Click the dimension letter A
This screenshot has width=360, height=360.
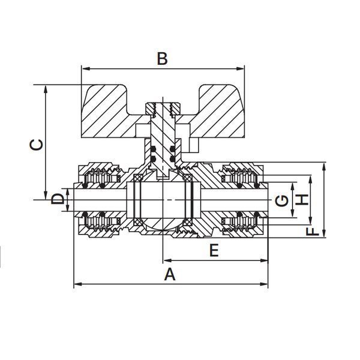click(x=170, y=274)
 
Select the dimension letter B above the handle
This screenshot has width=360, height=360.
click(x=162, y=59)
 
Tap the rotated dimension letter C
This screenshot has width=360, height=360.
click(x=37, y=145)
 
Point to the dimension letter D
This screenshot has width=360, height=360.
click(x=57, y=199)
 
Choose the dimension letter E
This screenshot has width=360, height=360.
click(x=214, y=250)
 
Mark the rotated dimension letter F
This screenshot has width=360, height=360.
click(x=313, y=232)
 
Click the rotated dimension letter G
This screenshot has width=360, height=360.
click(x=282, y=200)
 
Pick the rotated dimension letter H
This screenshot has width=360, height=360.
click(x=302, y=200)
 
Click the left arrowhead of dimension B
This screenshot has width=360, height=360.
click(x=85, y=68)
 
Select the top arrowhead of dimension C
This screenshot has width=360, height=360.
click(x=46, y=89)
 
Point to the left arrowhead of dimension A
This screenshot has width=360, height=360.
click(x=77, y=284)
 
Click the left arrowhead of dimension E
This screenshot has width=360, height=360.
click(x=167, y=260)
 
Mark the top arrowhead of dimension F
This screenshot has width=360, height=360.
click(x=324, y=166)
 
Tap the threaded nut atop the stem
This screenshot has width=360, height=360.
click(x=163, y=108)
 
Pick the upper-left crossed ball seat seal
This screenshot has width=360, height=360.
click(x=137, y=178)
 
